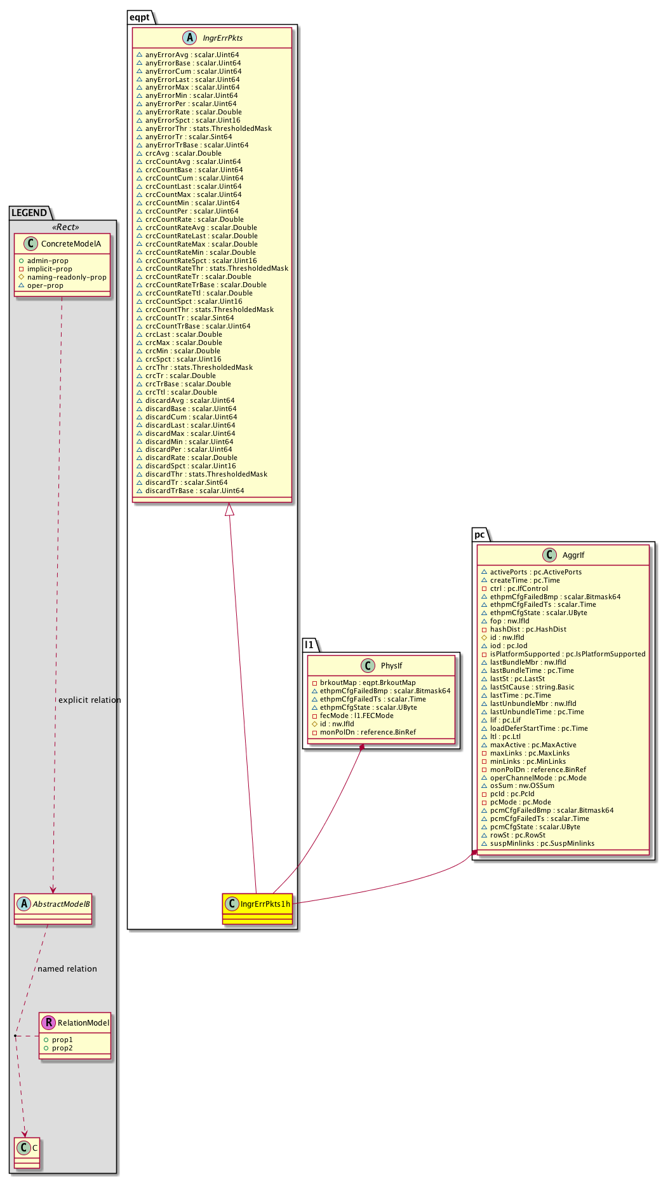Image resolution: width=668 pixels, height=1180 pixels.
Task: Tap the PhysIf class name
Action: pyautogui.click(x=391, y=666)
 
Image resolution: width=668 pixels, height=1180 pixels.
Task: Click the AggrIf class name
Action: pyautogui.click(x=573, y=555)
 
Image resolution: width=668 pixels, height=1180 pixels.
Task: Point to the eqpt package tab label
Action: pyautogui.click(x=140, y=17)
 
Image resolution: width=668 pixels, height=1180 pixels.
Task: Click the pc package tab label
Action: pyautogui.click(x=480, y=534)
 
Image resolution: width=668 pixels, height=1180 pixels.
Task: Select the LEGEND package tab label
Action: pyautogui.click(x=29, y=213)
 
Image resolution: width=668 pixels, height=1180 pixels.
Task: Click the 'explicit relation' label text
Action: pyautogui.click(x=90, y=700)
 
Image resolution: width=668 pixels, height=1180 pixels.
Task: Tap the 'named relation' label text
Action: pyautogui.click(x=67, y=969)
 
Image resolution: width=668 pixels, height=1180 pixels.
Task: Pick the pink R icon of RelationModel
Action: pyautogui.click(x=48, y=1023)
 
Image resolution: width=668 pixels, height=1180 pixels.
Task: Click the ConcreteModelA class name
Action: pyautogui.click(x=71, y=244)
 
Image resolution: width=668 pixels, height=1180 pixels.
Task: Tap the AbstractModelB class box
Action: pyautogui.click(x=53, y=909)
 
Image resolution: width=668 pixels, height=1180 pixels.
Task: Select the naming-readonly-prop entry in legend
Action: pyautogui.click(x=67, y=277)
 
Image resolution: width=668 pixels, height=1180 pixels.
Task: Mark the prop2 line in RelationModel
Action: pyautogui.click(x=62, y=1048)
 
